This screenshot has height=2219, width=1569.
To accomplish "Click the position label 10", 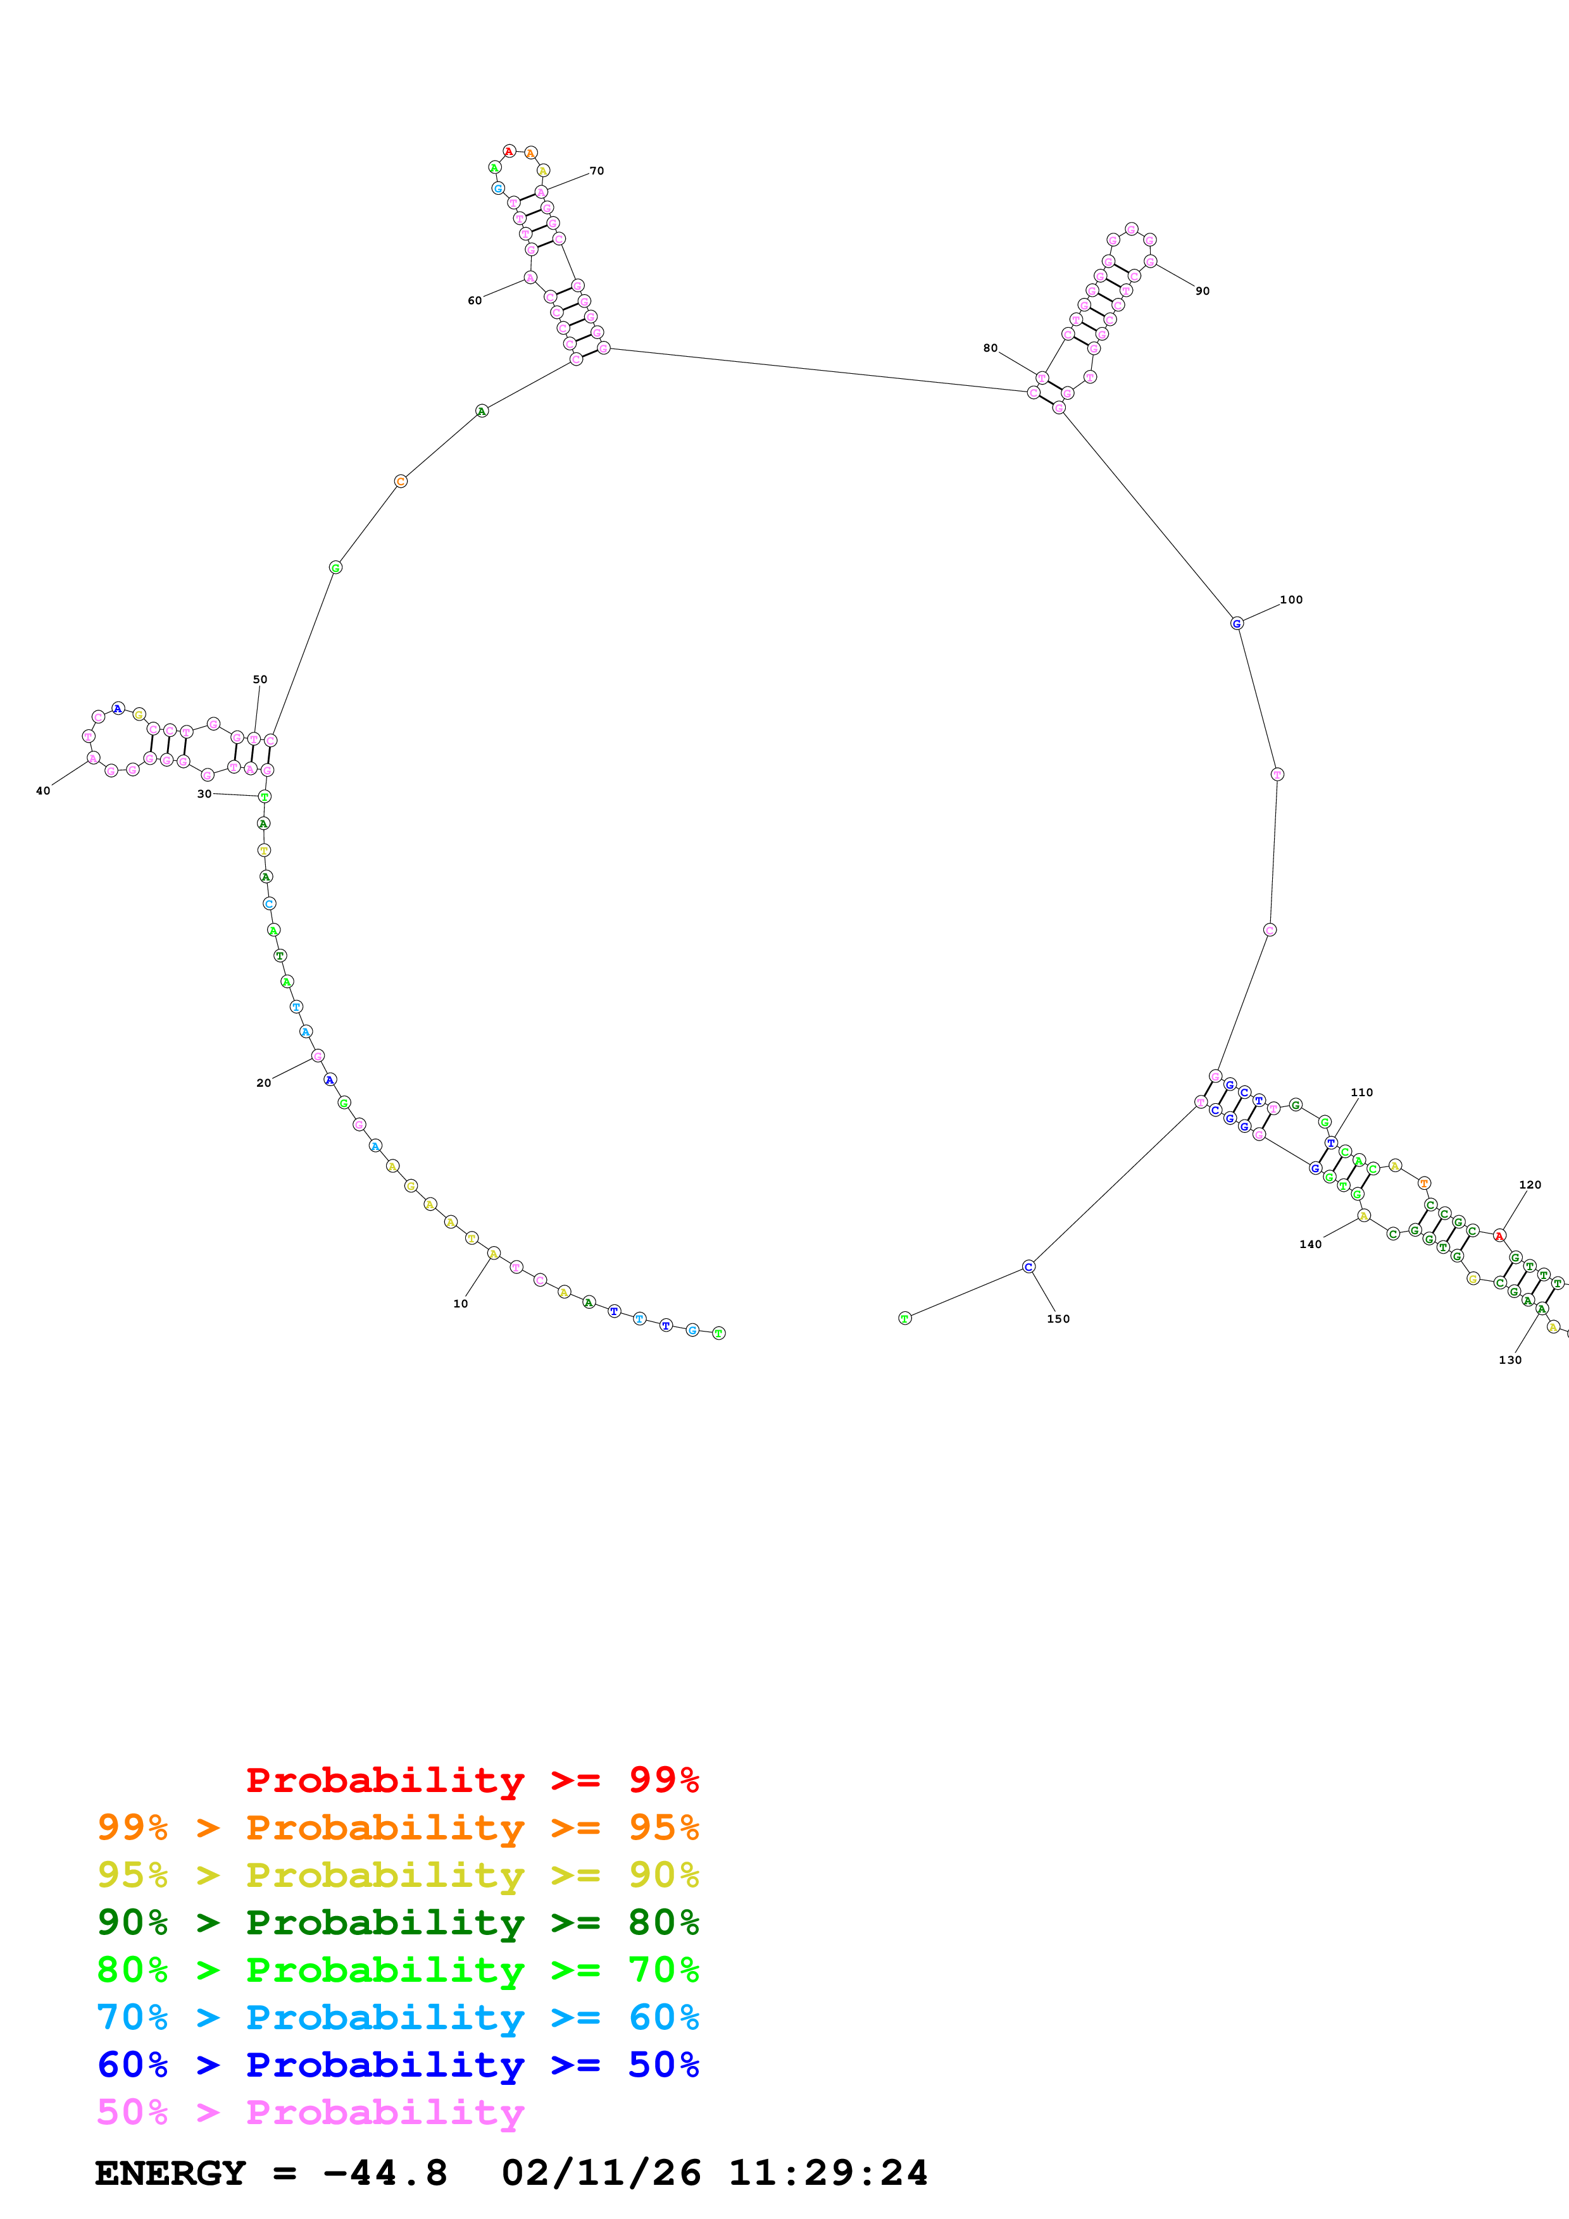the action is coord(460,1304).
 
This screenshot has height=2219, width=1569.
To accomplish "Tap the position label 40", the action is coord(42,791).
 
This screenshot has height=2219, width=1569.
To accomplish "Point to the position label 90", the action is coord(1202,291).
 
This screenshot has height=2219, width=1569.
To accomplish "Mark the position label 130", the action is coord(1509,1360).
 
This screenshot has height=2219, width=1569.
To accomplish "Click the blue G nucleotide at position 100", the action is coord(1237,623).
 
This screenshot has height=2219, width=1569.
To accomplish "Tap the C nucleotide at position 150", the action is coord(1028,1266).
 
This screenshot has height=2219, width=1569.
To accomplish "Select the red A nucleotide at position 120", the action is coord(1499,1236).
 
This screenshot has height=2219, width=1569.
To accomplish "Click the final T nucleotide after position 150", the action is coord(905,1318).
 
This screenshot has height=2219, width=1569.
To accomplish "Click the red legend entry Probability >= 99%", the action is coord(472,1779).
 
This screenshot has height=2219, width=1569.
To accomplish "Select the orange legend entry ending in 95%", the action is coord(398,1827).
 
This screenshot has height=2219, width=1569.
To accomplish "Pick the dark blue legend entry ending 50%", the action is coord(398,2065).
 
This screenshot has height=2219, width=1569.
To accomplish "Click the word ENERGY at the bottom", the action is coord(170,2173).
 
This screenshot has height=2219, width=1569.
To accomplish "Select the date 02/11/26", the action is coord(601,2173).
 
